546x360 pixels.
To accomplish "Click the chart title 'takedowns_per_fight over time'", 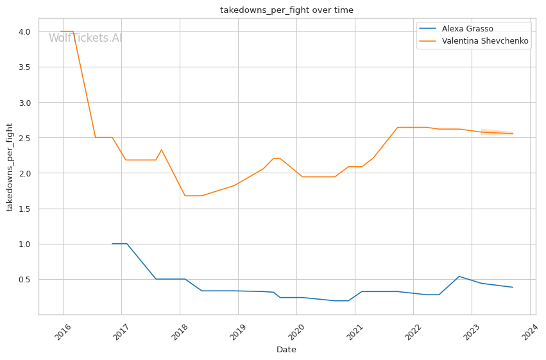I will [286, 10].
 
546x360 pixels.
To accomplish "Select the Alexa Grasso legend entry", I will [467, 29].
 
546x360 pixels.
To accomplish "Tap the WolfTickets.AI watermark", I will [85, 39].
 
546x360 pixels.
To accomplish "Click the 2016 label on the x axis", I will [64, 332].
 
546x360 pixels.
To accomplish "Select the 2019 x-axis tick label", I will [239, 332].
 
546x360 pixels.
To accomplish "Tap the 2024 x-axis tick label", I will [531, 332].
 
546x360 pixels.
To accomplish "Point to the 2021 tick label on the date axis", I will [355, 332].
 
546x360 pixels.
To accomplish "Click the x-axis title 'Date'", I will [286, 350].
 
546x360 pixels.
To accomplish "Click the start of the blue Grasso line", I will [112, 244].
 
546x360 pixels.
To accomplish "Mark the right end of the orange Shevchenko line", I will [513, 133].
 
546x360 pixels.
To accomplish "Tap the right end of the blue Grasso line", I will [513, 287].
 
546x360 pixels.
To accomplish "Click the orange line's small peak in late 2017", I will [161, 150].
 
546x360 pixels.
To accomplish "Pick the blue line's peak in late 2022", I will [459, 277].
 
